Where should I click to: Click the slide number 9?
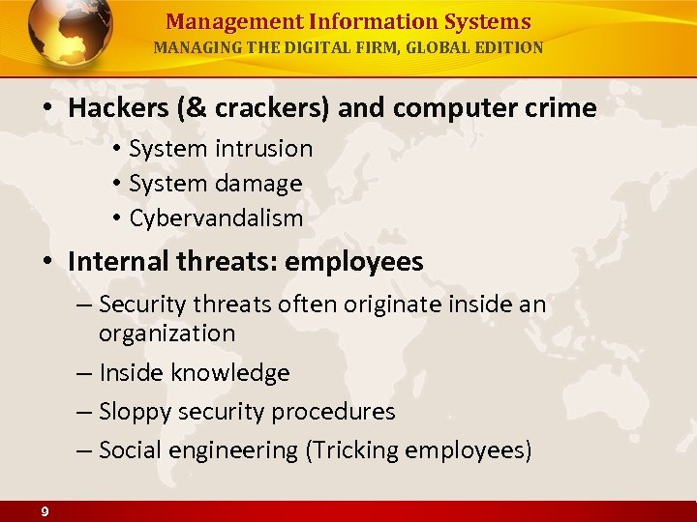pos(45,511)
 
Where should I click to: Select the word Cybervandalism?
pos(216,218)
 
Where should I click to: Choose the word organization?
pos(167,333)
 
